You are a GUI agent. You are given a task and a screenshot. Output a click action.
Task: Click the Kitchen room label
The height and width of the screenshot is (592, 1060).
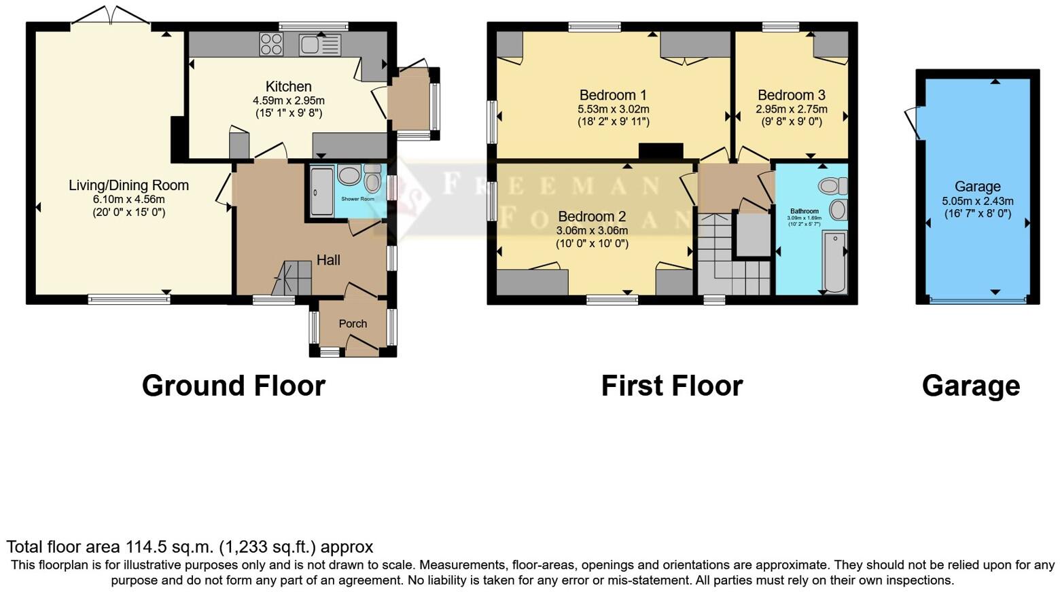pyautogui.click(x=288, y=86)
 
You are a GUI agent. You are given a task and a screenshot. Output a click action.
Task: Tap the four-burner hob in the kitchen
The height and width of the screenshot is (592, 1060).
pyautogui.click(x=271, y=44)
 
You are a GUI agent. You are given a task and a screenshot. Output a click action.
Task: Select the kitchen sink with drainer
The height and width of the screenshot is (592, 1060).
pyautogui.click(x=320, y=45)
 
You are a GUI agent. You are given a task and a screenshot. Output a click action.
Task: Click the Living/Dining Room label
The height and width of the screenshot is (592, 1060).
pyautogui.click(x=128, y=185)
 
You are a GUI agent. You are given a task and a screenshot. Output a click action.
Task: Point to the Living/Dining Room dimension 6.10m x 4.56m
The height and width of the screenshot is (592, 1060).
pyautogui.click(x=128, y=200)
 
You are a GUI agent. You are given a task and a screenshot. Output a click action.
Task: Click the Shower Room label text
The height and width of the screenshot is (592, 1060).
pyautogui.click(x=357, y=199)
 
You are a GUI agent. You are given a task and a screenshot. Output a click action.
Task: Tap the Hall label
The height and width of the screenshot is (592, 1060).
pyautogui.click(x=328, y=260)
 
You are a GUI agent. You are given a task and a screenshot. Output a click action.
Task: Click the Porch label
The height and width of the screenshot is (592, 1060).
pyautogui.click(x=353, y=324)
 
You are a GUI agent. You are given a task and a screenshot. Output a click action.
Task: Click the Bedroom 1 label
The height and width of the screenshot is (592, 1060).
pyautogui.click(x=612, y=95)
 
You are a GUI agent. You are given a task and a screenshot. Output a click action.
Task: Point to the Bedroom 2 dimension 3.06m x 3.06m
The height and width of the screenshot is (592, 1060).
pyautogui.click(x=592, y=231)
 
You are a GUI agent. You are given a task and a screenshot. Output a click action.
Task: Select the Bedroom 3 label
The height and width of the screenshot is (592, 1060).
pyautogui.click(x=792, y=95)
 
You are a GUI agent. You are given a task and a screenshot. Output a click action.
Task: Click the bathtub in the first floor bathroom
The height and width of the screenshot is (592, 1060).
pyautogui.click(x=834, y=261)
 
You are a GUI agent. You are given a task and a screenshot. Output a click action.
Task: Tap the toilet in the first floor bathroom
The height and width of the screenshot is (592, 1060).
pyautogui.click(x=832, y=185)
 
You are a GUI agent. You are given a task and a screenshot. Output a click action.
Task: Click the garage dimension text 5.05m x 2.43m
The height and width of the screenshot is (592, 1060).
pyautogui.click(x=977, y=201)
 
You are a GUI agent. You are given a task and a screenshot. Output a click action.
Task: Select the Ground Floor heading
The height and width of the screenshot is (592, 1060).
pyautogui.click(x=233, y=386)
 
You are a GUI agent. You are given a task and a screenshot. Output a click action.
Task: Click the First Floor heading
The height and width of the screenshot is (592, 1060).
pyautogui.click(x=671, y=386)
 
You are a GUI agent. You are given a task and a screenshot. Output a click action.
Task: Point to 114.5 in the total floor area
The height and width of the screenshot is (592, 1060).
pyautogui.click(x=144, y=547)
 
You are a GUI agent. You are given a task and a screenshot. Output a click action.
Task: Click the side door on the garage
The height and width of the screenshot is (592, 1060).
pyautogui.click(x=913, y=123)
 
